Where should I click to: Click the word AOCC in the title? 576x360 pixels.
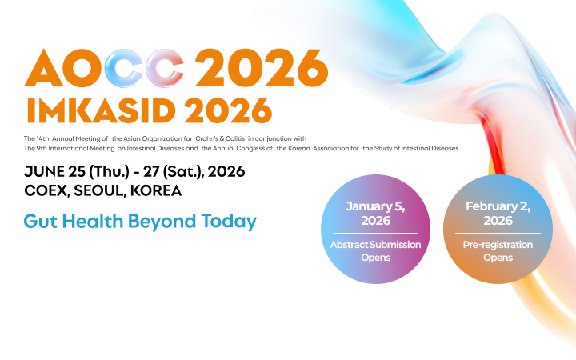click(x=106, y=68)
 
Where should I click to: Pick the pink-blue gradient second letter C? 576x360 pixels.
click(x=160, y=68)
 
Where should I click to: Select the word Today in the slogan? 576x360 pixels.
click(x=230, y=222)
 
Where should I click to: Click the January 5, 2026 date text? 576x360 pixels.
click(x=375, y=213)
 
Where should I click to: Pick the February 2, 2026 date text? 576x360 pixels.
click(x=497, y=213)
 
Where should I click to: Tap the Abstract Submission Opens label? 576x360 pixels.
click(x=375, y=250)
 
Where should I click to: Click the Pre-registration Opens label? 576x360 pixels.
click(x=497, y=250)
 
